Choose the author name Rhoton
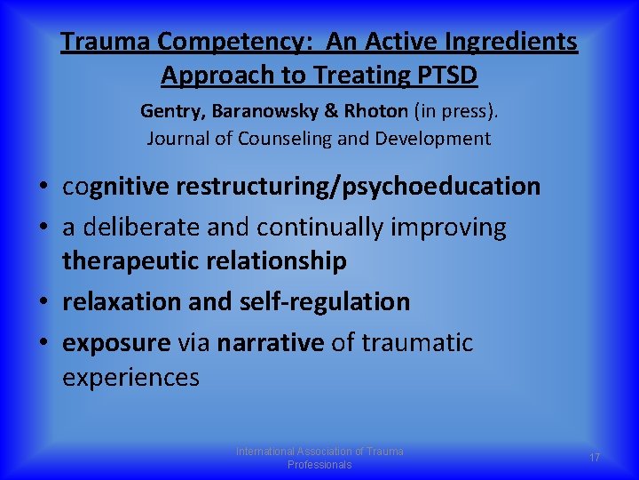(x=364, y=112)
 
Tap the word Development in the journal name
(x=436, y=138)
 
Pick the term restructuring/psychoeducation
(x=358, y=187)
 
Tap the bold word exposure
(x=115, y=342)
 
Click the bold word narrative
(x=271, y=342)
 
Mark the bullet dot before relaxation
(x=43, y=302)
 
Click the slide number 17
(x=595, y=457)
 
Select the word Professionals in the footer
(x=319, y=465)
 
